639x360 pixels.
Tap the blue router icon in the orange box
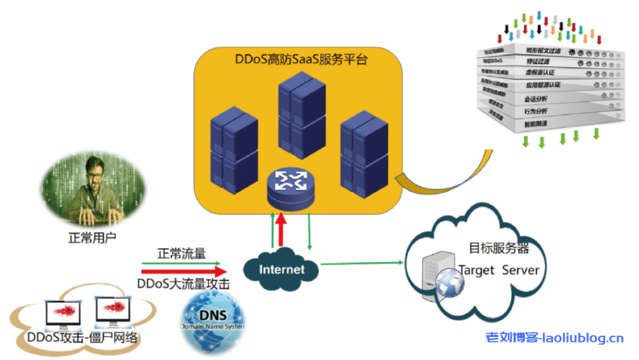[289, 185]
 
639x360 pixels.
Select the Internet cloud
[281, 269]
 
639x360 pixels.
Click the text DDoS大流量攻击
[183, 284]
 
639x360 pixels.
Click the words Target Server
[499, 270]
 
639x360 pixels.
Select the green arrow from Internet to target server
[362, 263]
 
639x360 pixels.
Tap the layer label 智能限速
[535, 124]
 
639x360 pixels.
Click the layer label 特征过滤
[537, 61]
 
